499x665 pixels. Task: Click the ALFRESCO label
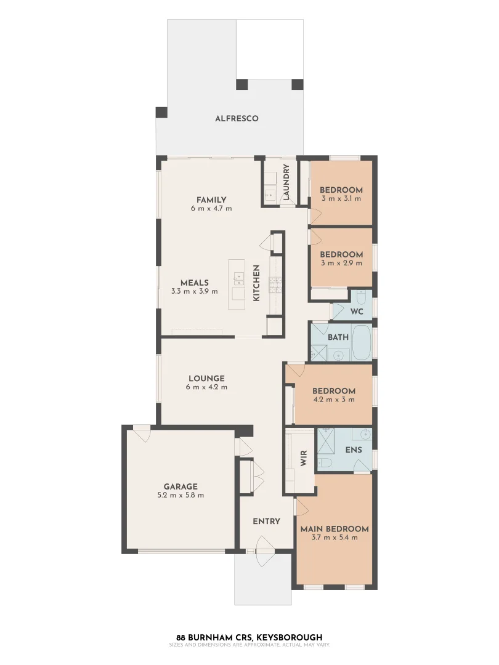237,118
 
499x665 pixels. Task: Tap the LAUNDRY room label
286,182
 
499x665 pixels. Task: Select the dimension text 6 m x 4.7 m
211,209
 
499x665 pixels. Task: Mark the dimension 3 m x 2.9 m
341,264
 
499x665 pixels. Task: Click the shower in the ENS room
325,440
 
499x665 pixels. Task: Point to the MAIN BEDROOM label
335,529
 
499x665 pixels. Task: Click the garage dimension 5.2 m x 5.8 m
181,495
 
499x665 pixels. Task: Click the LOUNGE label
206,378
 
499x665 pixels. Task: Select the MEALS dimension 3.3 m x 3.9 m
194,291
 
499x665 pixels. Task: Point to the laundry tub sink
270,194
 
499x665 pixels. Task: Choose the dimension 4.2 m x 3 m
334,400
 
